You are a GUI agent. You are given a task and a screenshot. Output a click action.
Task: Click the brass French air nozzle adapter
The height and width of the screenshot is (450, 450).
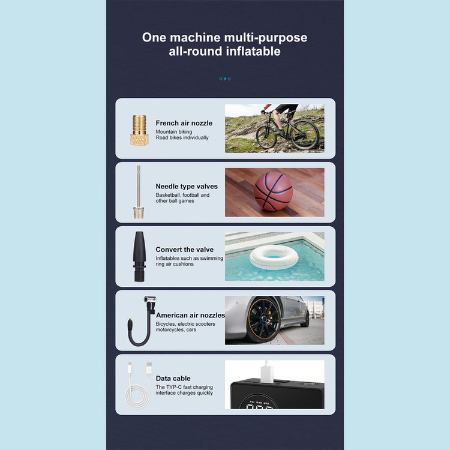pyautogui.click(x=139, y=130)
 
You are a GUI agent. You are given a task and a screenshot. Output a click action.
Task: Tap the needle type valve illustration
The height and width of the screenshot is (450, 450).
pyautogui.click(x=139, y=192)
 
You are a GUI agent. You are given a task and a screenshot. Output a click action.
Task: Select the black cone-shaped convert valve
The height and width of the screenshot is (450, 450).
pyautogui.click(x=139, y=256)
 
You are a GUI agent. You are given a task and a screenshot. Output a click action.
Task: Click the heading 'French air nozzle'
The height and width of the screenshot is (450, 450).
pyautogui.click(x=184, y=123)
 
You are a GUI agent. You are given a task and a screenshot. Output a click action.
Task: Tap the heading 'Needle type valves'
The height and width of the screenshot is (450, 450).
pyautogui.click(x=187, y=187)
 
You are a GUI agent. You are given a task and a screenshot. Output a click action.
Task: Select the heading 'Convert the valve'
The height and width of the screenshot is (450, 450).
pyautogui.click(x=185, y=250)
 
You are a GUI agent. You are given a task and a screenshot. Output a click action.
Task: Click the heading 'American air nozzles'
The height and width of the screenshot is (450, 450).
pyautogui.click(x=190, y=315)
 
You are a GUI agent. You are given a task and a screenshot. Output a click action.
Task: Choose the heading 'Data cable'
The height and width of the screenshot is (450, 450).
pyautogui.click(x=173, y=378)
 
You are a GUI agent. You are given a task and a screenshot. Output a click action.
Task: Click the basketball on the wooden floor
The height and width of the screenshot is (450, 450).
pyautogui.click(x=273, y=191)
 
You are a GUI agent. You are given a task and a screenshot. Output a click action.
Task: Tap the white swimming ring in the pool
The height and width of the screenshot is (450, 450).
pyautogui.click(x=274, y=257)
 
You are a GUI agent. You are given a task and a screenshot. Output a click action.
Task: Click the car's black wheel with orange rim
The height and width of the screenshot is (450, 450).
pyautogui.click(x=263, y=319)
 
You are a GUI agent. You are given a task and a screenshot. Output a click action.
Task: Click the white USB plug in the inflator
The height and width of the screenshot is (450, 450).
pyautogui.click(x=266, y=372)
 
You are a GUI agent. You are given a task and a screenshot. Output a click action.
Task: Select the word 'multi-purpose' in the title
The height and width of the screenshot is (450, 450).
pyautogui.click(x=265, y=38)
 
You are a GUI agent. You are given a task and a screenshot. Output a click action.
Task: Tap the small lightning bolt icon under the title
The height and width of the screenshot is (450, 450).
pyautogui.click(x=225, y=79)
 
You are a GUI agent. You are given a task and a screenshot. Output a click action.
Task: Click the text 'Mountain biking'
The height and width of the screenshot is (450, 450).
pyautogui.click(x=174, y=132)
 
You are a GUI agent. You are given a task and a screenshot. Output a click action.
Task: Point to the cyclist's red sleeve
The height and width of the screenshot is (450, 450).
pyautogui.click(x=268, y=107)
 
